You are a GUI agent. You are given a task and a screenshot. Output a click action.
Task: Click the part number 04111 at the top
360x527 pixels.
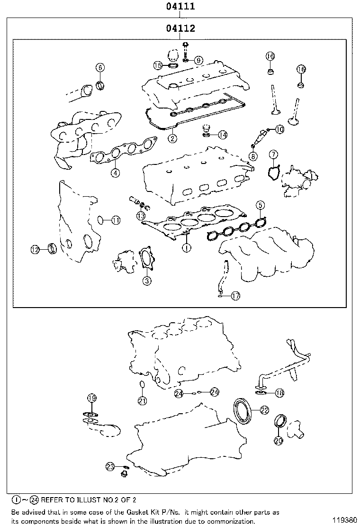coord(180,7)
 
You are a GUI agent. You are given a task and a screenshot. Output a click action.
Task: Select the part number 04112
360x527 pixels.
coord(180,29)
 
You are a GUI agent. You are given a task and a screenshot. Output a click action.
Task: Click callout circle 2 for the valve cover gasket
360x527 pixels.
coord(172,138)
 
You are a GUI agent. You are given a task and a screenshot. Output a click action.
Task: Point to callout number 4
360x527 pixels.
coord(115,173)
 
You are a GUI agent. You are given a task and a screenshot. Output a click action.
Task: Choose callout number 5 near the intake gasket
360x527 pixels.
coord(260,205)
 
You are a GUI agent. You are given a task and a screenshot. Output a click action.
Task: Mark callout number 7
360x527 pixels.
coord(273,154)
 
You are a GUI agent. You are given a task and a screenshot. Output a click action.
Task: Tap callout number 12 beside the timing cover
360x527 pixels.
coord(35,249)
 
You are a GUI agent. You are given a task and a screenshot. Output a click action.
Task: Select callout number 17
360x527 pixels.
coord(235,296)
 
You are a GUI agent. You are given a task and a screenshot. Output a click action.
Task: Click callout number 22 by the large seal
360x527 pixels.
coord(264,410)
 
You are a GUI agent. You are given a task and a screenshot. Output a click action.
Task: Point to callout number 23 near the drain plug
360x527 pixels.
coord(110,467)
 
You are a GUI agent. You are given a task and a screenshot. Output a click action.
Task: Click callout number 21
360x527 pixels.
coord(142,401)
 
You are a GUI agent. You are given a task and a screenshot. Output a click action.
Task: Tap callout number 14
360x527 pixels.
coord(223,135)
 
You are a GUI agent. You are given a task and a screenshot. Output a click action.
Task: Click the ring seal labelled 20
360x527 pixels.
coord(281,421)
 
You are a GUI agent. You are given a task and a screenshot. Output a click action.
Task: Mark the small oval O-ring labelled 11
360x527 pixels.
coord(100,219)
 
